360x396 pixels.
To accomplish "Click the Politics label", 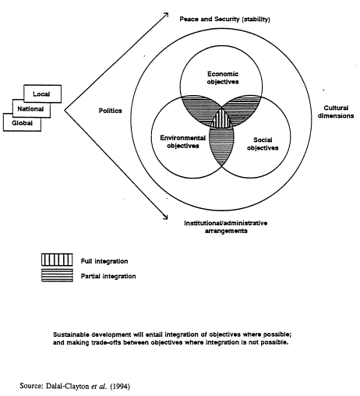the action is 110,111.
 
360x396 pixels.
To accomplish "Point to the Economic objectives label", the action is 223,78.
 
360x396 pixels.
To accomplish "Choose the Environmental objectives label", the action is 183,142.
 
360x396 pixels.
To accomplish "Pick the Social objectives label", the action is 263,143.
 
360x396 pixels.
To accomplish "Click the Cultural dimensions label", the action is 336,111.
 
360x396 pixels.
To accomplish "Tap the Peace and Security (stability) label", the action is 224,19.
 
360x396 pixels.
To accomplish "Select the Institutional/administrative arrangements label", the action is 226,227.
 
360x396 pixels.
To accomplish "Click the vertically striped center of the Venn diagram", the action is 221,119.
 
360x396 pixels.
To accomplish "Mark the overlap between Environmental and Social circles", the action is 221,146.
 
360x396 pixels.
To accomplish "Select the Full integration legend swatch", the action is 57,260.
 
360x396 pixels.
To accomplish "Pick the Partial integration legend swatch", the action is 57,275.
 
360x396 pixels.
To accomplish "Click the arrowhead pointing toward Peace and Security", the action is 166,15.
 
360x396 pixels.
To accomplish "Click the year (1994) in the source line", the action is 120,387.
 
